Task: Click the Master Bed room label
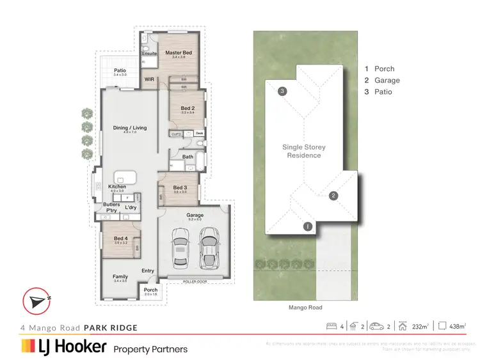pyautogui.click(x=179, y=52)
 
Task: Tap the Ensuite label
pyautogui.click(x=150, y=54)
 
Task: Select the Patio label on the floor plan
pyautogui.click(x=120, y=70)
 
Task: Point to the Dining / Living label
pyautogui.click(x=130, y=128)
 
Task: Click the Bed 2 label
pyautogui.click(x=187, y=109)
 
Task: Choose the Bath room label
pyautogui.click(x=188, y=156)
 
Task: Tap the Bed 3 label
pyautogui.click(x=180, y=187)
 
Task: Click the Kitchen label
pyautogui.click(x=116, y=187)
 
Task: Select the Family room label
pyautogui.click(x=120, y=277)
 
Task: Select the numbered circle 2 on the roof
pyautogui.click(x=333, y=196)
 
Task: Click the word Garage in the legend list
pyautogui.click(x=387, y=81)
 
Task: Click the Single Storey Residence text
pyautogui.click(x=302, y=151)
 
